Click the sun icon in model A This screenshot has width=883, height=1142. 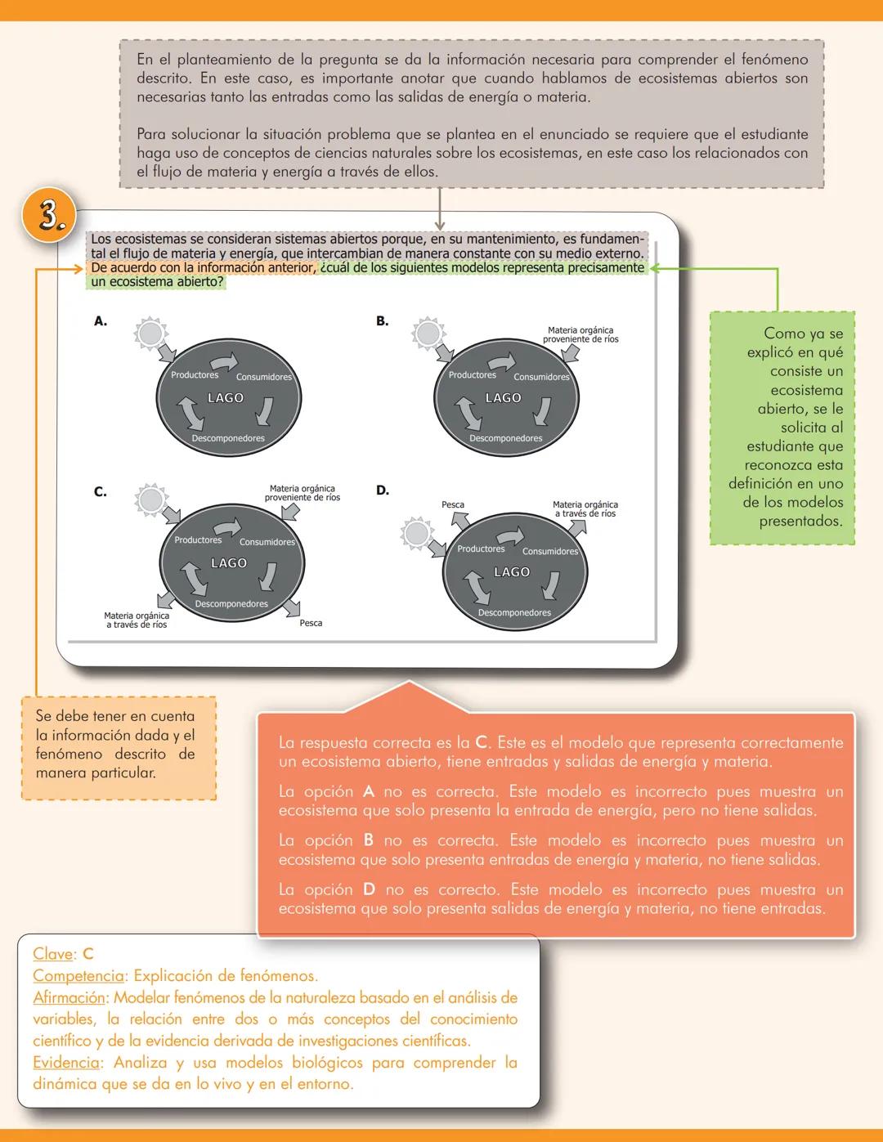click(x=151, y=334)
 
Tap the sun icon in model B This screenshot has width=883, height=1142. click(x=428, y=334)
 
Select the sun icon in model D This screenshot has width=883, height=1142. click(x=417, y=534)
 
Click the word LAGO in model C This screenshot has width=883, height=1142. click(x=229, y=563)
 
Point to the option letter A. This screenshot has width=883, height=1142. click(x=101, y=321)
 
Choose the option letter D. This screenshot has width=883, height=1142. click(x=383, y=490)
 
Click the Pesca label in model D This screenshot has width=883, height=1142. click(x=453, y=504)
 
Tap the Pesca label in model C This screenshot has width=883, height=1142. click(x=311, y=623)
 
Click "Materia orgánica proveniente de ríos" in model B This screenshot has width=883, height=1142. click(x=580, y=334)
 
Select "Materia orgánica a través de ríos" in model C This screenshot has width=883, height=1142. click(x=137, y=620)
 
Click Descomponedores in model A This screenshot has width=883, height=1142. click(x=228, y=438)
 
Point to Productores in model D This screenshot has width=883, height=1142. click(x=481, y=549)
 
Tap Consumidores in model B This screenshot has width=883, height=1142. click(x=541, y=377)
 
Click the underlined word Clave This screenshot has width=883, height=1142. click(x=53, y=954)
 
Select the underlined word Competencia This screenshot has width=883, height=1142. click(x=78, y=976)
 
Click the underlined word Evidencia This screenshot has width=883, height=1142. click(x=66, y=1063)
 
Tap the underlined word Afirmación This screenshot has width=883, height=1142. click(x=69, y=997)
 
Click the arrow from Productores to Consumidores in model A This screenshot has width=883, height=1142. click(x=223, y=362)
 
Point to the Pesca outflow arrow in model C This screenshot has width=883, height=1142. click(x=291, y=607)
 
